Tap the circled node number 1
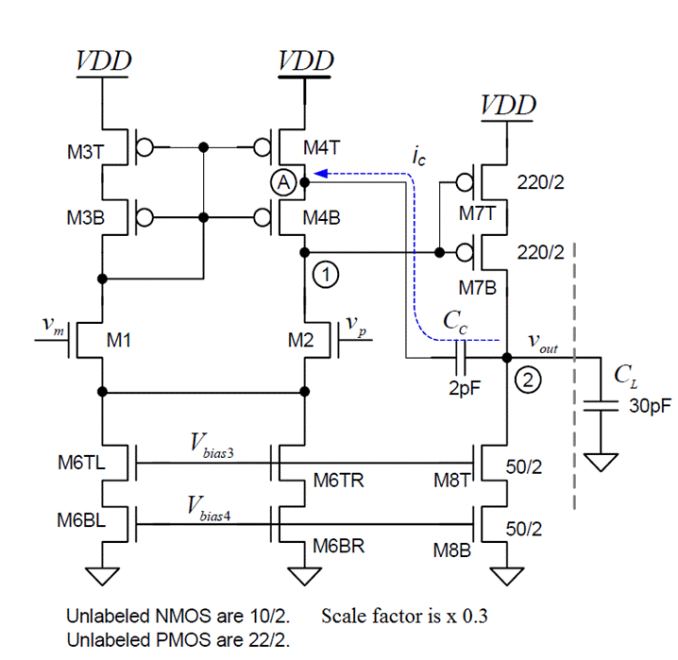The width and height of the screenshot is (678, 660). (324, 275)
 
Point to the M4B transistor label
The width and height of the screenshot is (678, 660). (321, 218)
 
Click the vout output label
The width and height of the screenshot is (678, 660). (543, 347)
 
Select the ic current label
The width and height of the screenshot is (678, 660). (418, 158)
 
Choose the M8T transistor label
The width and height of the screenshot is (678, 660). (450, 481)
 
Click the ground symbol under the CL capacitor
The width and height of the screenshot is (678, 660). (599, 462)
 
